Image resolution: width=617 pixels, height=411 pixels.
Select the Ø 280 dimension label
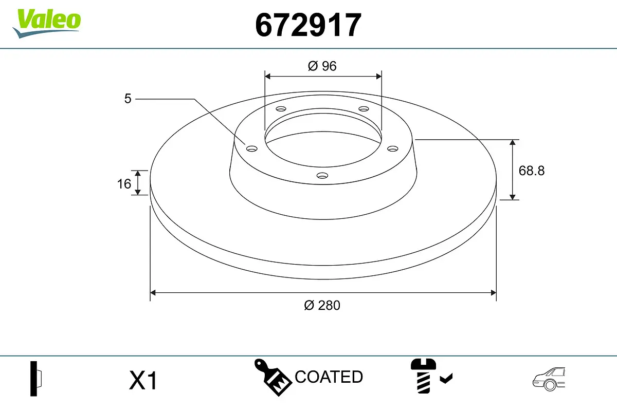322,305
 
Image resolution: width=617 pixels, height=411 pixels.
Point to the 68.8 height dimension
531,171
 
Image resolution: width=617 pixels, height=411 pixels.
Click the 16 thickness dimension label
124,183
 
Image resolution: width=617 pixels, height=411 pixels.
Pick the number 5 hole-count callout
128,99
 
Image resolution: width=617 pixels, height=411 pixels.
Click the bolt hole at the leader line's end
251,149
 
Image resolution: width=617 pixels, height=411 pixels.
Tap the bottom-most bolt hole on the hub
322,176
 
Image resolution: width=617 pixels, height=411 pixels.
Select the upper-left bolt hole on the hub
281,109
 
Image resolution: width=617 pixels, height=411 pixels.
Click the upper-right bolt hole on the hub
364,109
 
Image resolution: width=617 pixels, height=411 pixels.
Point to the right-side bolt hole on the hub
393,148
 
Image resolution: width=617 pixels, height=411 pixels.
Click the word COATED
329,377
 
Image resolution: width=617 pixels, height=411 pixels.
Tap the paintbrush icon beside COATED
273,377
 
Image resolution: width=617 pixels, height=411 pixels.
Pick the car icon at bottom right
549,379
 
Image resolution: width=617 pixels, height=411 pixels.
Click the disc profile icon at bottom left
36,379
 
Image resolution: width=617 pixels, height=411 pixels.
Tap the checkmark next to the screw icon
446,379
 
